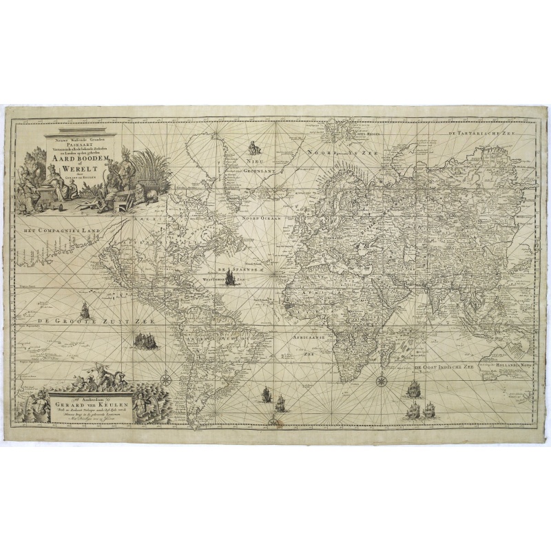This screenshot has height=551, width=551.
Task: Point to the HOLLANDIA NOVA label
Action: click(517, 357)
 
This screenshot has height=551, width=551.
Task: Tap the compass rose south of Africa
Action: click(380, 377)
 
